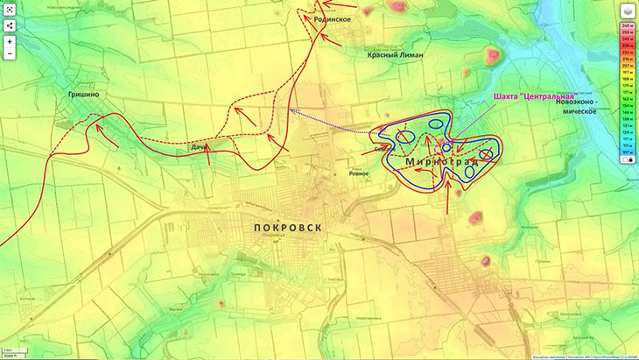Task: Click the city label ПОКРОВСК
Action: coord(286,227)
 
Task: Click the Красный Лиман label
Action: coord(396,54)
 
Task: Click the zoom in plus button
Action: coord(10,40)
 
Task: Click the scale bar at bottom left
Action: coord(12,354)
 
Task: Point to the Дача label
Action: coord(200,148)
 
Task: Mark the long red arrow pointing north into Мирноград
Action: coord(449,198)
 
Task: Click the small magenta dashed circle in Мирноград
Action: coord(446,146)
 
